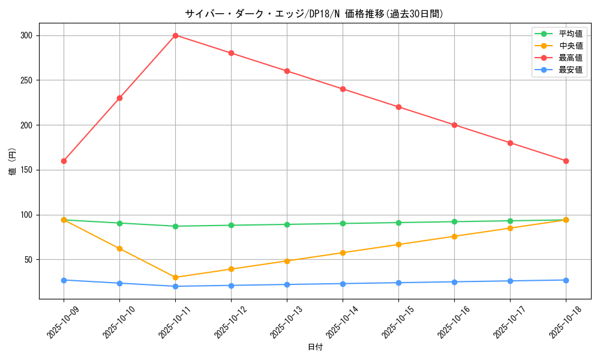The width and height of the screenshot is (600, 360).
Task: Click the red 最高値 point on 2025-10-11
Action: pyautogui.click(x=175, y=35)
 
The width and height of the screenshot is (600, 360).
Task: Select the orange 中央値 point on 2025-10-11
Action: pyautogui.click(x=175, y=277)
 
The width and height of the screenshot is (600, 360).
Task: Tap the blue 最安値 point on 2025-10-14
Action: pyautogui.click(x=343, y=284)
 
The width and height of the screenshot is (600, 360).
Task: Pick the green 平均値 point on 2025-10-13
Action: pyautogui.click(x=287, y=224)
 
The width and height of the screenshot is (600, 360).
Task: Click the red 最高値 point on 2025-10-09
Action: pyautogui.click(x=64, y=161)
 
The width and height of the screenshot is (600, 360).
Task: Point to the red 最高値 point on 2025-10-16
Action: pyautogui.click(x=454, y=125)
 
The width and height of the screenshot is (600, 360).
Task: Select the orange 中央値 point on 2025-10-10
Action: pyautogui.click(x=119, y=248)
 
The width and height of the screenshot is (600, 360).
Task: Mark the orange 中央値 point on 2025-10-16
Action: pyautogui.click(x=454, y=236)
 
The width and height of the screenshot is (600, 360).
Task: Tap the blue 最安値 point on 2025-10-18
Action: pyautogui.click(x=566, y=280)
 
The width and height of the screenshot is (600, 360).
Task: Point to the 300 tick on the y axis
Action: pyautogui.click(x=28, y=35)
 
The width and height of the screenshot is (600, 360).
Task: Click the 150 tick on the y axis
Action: pyautogui.click(x=28, y=170)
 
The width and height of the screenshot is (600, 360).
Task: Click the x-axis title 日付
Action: pyautogui.click(x=315, y=347)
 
